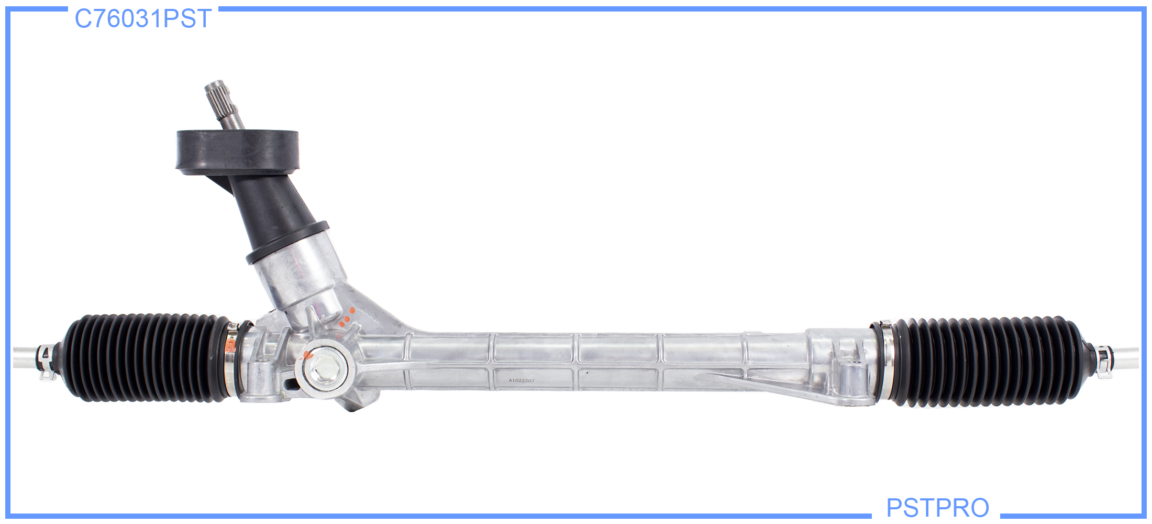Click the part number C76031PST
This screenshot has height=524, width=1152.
[x=143, y=19]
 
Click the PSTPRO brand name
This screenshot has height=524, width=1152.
[x=937, y=508]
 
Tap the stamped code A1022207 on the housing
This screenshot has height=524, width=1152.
[x=522, y=380]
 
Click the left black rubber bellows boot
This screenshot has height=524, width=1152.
[x=147, y=358]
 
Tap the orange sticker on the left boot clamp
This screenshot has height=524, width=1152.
[x=230, y=345]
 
